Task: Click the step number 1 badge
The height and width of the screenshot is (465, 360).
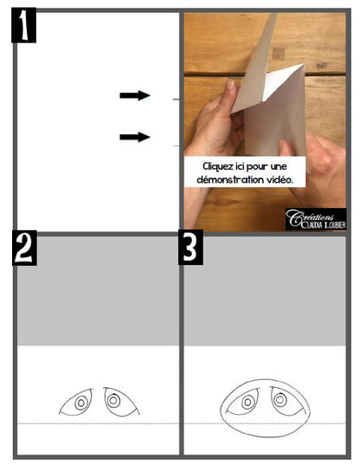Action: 23,25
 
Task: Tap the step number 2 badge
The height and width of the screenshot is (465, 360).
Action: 24,248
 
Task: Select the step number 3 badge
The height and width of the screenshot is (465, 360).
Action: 190,247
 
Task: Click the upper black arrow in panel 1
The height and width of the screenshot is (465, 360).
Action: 135,95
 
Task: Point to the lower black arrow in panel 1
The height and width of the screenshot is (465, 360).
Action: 135,137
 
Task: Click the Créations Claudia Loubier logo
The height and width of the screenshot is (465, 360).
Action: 316,219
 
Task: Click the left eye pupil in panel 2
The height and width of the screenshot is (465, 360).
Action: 80,404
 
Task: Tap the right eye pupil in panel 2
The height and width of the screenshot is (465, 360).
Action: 113,401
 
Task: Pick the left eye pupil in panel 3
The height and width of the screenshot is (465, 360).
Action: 247,403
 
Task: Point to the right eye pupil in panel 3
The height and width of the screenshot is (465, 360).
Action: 280,400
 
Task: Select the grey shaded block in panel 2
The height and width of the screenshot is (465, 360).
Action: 98,291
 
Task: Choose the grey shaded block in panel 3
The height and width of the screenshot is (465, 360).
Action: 265,291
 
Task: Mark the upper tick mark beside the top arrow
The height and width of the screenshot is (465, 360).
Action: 176,100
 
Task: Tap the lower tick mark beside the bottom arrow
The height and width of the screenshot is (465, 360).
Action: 176,145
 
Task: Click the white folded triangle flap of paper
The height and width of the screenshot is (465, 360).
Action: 280,81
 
